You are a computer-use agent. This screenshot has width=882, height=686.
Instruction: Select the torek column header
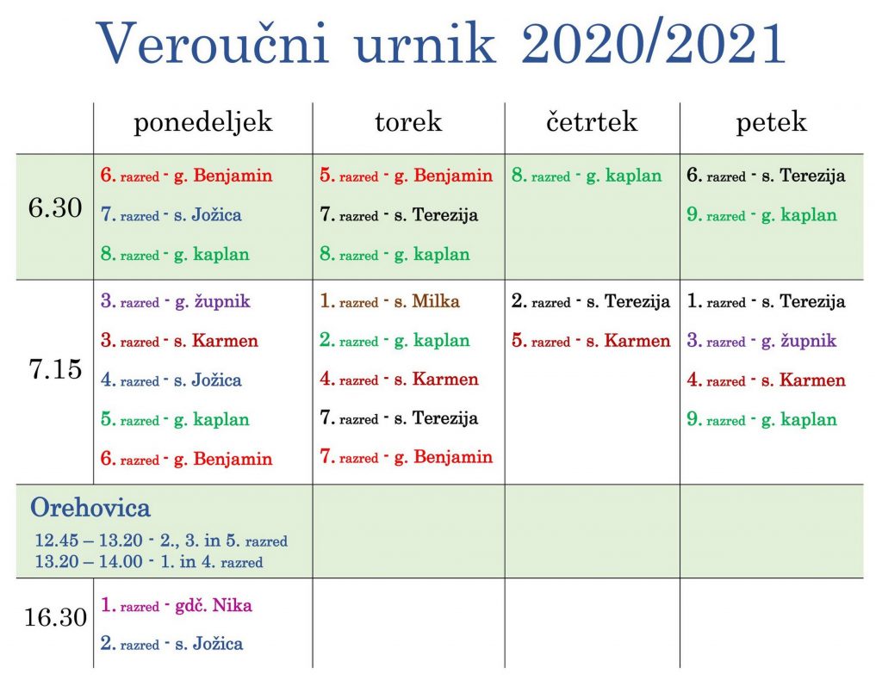pyautogui.click(x=408, y=122)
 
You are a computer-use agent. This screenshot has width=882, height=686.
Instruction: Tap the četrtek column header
pyautogui.click(x=592, y=122)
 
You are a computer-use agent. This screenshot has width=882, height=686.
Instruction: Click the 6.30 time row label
pyautogui.click(x=55, y=207)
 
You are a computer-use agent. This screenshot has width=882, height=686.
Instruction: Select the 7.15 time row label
pyautogui.click(x=55, y=369)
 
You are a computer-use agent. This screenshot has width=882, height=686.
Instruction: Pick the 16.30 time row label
pyautogui.click(x=55, y=617)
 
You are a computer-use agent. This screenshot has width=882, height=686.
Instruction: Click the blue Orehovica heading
pyautogui.click(x=90, y=508)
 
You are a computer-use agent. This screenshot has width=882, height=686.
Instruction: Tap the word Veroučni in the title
pyautogui.click(x=212, y=43)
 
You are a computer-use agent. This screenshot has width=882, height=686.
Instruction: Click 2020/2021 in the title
pyautogui.click(x=653, y=43)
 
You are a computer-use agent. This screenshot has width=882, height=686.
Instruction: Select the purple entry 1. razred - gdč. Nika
pyautogui.click(x=176, y=605)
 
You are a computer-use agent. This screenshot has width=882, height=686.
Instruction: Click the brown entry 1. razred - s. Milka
pyautogui.click(x=389, y=301)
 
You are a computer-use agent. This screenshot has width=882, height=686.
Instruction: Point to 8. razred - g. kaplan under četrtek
pyautogui.click(x=586, y=176)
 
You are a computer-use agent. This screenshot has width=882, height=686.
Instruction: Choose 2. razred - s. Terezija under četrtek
pyautogui.click(x=591, y=302)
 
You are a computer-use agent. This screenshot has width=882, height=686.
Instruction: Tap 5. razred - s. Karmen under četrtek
pyautogui.click(x=591, y=341)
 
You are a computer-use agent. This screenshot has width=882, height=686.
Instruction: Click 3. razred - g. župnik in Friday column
pyautogui.click(x=761, y=342)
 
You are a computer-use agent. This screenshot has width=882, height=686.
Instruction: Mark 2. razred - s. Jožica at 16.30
pyautogui.click(x=171, y=643)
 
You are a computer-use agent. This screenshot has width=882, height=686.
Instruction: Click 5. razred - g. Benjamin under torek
pyautogui.click(x=406, y=176)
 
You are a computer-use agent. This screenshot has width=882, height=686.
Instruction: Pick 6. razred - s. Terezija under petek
pyautogui.click(x=766, y=176)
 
